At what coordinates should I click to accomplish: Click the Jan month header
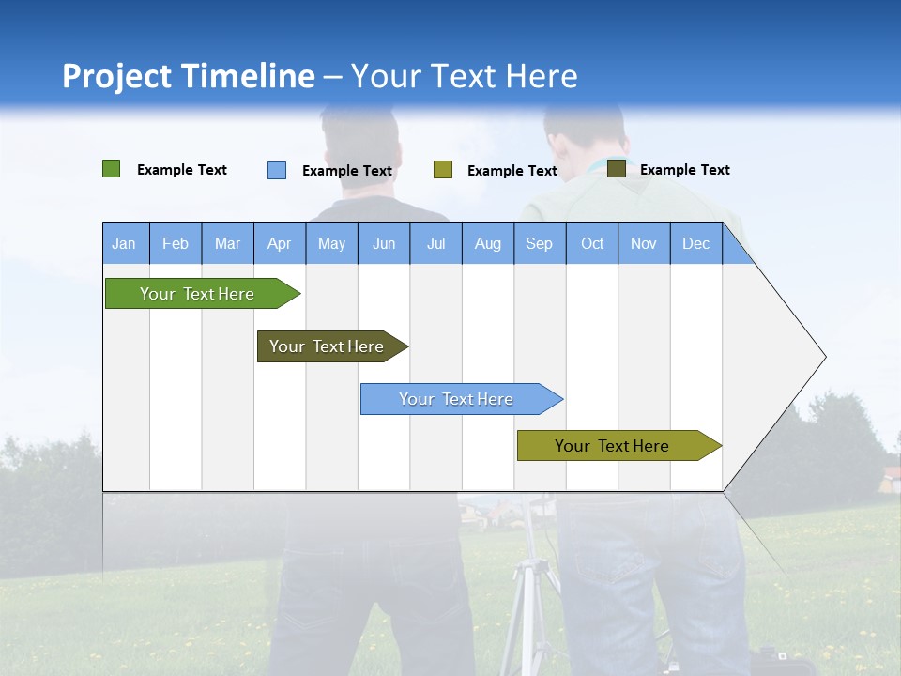click(x=125, y=243)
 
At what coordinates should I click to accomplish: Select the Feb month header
click(x=176, y=243)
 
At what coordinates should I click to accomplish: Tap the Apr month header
click(x=280, y=243)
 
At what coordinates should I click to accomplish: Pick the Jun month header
click(x=384, y=243)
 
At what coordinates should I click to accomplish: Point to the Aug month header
click(x=488, y=243)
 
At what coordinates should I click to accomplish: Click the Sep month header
click(x=540, y=243)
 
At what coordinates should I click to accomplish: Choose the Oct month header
click(x=592, y=243)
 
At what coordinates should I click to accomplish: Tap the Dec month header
click(x=696, y=243)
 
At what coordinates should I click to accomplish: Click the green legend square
click(x=111, y=169)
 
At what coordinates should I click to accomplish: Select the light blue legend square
click(x=277, y=170)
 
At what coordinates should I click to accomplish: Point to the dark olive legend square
click(x=617, y=168)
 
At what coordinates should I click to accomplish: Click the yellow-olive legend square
click(x=443, y=170)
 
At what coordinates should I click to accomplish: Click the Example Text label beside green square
click(x=182, y=170)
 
